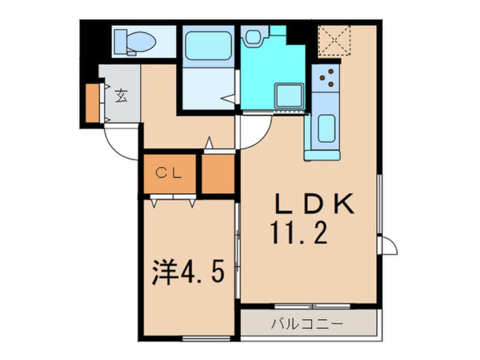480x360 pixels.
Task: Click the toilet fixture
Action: pyautogui.click(x=135, y=41)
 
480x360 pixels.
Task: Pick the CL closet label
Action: pyautogui.click(x=169, y=174)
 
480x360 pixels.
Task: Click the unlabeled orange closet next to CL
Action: pyautogui.click(x=218, y=174)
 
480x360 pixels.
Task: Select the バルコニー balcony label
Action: pyautogui.click(x=307, y=325)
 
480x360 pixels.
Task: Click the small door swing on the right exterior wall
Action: pyautogui.click(x=389, y=245)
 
